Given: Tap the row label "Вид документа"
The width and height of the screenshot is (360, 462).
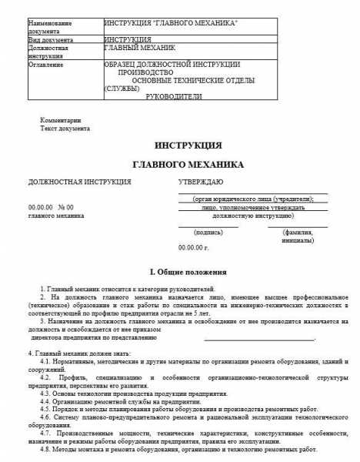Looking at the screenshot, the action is tap(51, 38).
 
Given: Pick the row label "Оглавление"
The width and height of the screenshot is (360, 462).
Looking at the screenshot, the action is tap(46, 65).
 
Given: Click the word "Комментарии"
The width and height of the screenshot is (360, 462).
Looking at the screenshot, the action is tap(61, 120).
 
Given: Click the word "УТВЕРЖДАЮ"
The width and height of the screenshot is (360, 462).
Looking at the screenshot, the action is tap(201, 182).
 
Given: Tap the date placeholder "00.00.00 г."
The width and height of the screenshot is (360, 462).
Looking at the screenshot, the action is tap(194, 247).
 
